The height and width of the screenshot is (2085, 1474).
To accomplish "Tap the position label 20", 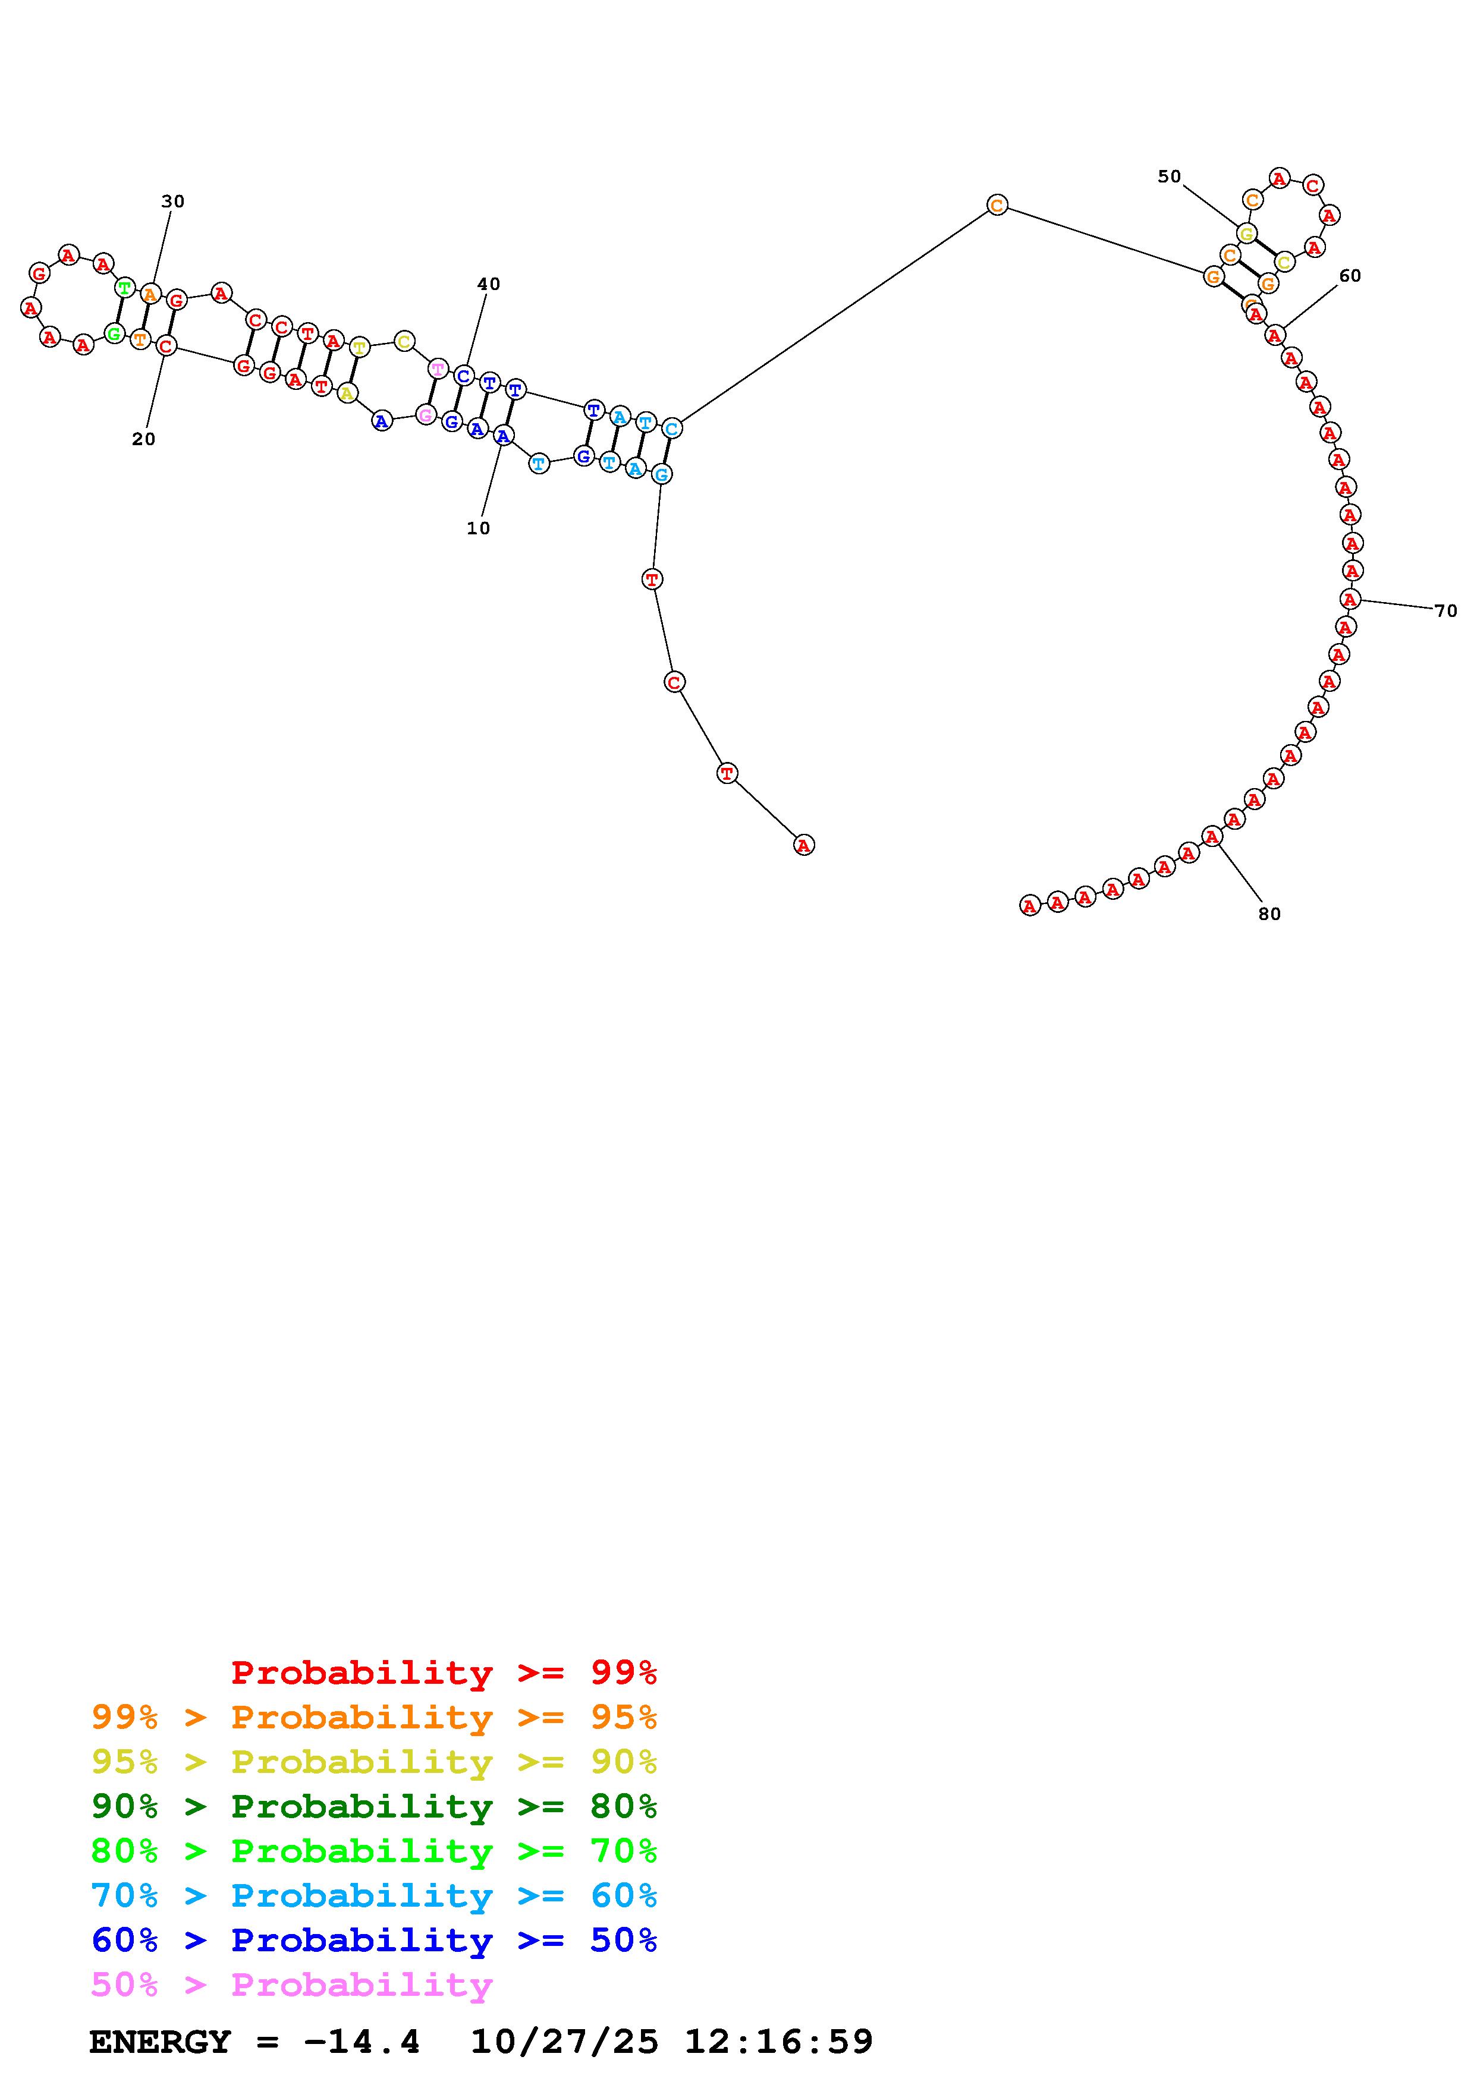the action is click(143, 439).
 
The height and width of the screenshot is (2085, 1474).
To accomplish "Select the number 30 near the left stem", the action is click(172, 201).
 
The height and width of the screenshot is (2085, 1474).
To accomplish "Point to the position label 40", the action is click(489, 284).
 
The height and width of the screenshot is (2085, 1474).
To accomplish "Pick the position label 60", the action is click(1350, 276).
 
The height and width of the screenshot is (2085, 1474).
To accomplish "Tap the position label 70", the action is click(1446, 611).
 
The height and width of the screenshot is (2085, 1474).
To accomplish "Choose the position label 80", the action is click(1269, 915).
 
